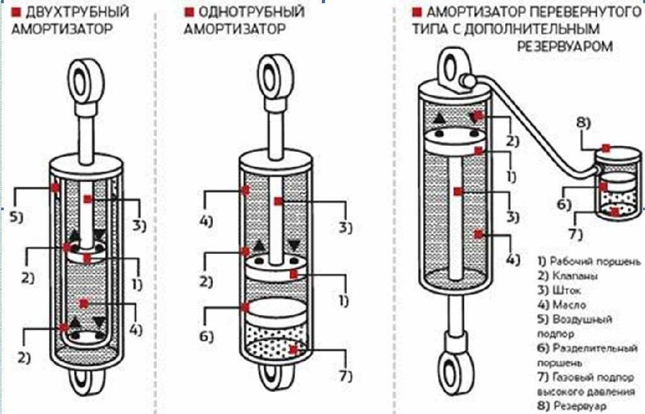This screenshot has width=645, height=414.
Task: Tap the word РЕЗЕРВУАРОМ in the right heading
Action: pyautogui.click(x=565, y=46)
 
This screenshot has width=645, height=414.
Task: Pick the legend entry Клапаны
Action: pyautogui.click(x=574, y=276)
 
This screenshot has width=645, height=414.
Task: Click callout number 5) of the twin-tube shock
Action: pyautogui.click(x=16, y=218)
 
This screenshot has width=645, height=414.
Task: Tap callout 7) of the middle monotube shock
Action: pyautogui.click(x=345, y=376)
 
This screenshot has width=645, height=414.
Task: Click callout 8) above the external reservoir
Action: pyautogui.click(x=583, y=123)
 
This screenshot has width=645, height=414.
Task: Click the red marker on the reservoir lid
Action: pyautogui.click(x=605, y=148)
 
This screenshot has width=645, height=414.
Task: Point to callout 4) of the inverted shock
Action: pyautogui.click(x=513, y=259)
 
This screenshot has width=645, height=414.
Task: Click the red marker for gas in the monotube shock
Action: pyautogui.click(x=294, y=349)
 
